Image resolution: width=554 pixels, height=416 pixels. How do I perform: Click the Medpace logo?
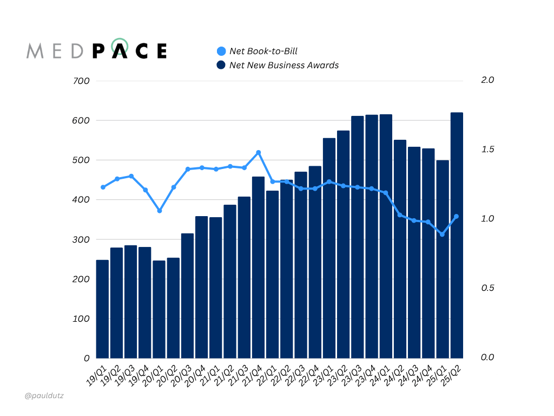(x=97, y=50)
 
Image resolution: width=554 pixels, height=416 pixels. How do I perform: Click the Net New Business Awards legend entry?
(x=278, y=65)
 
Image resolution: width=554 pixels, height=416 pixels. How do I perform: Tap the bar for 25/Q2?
(x=457, y=235)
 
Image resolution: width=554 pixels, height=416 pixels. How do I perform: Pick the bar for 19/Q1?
(x=102, y=309)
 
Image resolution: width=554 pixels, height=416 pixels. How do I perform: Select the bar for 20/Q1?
(x=159, y=309)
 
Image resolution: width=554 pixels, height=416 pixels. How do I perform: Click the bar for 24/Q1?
(x=386, y=236)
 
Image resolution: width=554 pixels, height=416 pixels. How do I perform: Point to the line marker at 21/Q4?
(x=259, y=153)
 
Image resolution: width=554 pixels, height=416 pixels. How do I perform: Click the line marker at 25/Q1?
(x=442, y=235)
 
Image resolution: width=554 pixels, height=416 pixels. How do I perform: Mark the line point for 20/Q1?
(x=159, y=211)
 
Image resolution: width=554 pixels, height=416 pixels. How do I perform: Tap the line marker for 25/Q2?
(x=457, y=217)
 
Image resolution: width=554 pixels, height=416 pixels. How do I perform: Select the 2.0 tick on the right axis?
(x=487, y=80)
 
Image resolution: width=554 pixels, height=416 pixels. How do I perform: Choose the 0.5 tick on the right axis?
(x=487, y=288)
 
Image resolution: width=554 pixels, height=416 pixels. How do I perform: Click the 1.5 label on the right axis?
(x=487, y=149)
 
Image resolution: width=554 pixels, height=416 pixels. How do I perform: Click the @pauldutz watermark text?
(x=44, y=396)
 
